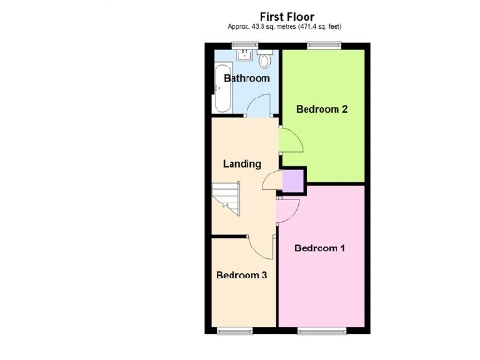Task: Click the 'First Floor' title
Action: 286,16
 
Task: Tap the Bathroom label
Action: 247,78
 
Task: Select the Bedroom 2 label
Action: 322,109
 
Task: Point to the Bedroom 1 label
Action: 320,248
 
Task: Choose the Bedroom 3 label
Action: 242,275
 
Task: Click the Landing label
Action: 241,164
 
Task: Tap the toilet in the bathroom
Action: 265,61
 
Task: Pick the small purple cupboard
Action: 292,180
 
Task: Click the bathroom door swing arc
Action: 259,107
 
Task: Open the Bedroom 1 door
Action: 288,210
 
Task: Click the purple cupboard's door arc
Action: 272,182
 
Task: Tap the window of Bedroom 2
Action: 324,46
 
